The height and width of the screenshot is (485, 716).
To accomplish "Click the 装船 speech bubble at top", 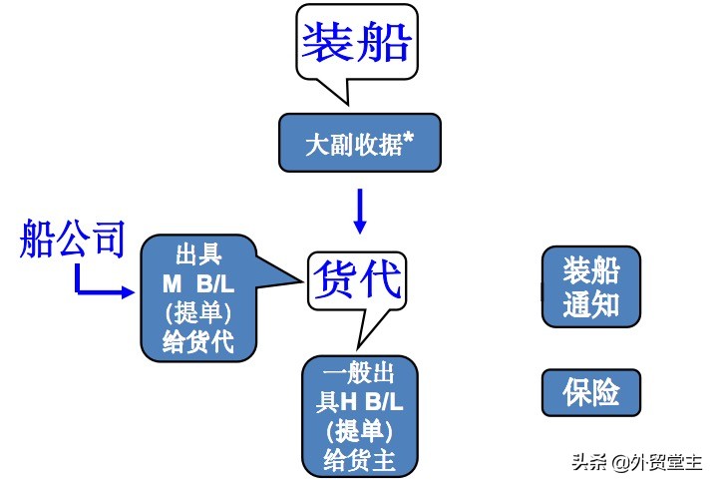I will point(357,44).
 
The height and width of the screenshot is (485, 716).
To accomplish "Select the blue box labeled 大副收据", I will point(358,142).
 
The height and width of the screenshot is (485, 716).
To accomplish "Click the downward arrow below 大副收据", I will point(360,210).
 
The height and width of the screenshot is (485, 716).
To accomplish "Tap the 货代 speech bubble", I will point(356,276).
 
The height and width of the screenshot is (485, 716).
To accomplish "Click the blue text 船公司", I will point(72,241).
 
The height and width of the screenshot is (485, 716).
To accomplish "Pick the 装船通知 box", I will point(591,286).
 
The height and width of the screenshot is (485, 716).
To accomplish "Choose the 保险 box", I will point(591,392).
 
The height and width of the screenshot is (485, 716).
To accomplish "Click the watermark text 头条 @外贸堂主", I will point(635,463).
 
